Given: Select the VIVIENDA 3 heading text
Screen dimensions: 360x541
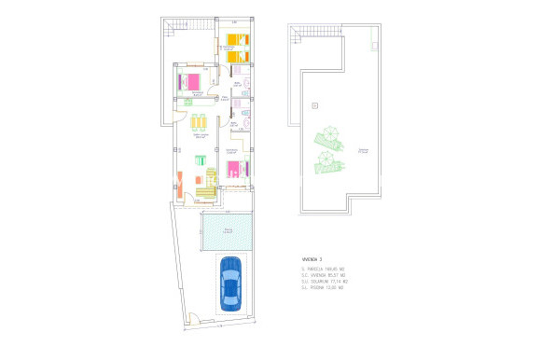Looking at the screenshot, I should coord(312,258).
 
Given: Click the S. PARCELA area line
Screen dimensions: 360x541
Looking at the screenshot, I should coord(323,269).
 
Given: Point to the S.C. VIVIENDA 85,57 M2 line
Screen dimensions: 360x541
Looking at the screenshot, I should coord(324,275).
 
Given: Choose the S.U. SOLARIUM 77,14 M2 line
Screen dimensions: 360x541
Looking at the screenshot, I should coord(324,282).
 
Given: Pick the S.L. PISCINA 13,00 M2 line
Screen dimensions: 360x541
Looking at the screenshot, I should coord(323,288).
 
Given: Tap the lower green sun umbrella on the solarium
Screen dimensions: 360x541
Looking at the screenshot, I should coord(326,160).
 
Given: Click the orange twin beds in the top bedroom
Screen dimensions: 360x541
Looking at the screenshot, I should coord(236,48).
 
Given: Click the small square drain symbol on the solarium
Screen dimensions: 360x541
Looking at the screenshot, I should coord(314,103).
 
